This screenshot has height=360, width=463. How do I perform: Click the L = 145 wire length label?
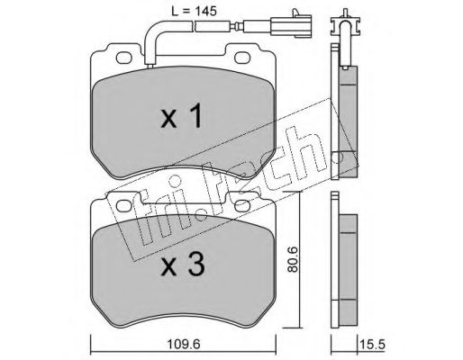click(x=194, y=11)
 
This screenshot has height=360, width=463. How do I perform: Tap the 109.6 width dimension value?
click(x=184, y=344)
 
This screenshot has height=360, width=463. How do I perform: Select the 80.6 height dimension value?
click(x=292, y=259)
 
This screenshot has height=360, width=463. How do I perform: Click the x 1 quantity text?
click(x=181, y=117)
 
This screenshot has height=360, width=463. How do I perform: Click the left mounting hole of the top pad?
click(x=124, y=58)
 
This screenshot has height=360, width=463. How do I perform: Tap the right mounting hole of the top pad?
click(x=242, y=58)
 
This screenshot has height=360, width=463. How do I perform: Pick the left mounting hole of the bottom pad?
click(x=124, y=206)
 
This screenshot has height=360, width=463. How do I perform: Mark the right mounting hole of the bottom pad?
click(x=242, y=206)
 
